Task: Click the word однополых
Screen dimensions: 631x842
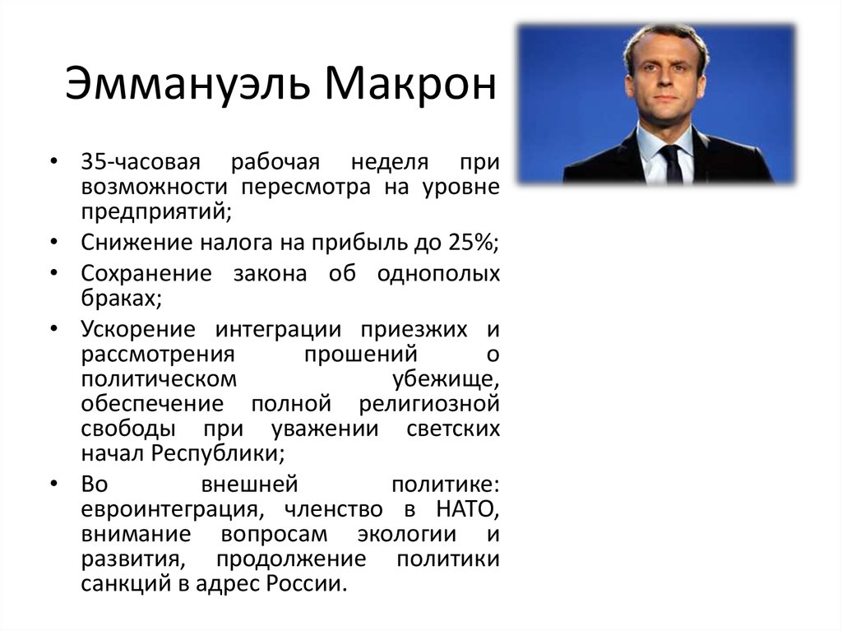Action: click(x=437, y=273)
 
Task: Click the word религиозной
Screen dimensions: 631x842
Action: click(x=429, y=404)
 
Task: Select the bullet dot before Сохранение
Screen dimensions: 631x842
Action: click(x=53, y=273)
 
